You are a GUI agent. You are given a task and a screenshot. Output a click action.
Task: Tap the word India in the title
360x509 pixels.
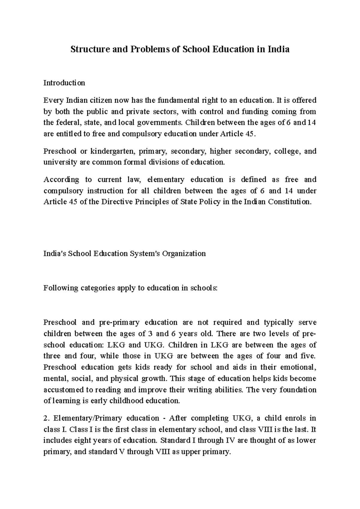279,49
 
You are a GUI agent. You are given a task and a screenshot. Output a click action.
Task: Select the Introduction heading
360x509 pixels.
64,83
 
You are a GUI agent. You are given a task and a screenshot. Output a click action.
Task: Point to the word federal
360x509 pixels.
65,123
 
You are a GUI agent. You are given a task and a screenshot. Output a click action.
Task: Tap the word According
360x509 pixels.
61,180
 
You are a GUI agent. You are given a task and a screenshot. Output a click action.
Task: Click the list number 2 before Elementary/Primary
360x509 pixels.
45,418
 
